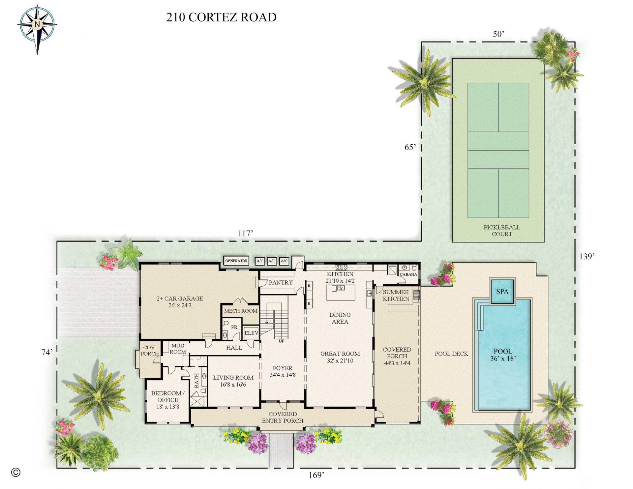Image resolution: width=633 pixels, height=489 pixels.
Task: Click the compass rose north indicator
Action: click(x=37, y=24)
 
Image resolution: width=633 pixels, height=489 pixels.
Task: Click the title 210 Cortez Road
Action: click(x=221, y=17)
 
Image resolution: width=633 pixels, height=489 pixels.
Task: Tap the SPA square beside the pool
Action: click(x=502, y=291)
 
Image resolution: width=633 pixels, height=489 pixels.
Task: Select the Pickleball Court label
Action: click(x=501, y=231)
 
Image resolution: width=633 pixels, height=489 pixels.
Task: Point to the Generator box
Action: click(x=236, y=261)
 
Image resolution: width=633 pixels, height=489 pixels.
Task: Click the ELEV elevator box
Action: click(x=251, y=333)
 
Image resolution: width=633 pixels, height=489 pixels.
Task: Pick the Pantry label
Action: click(x=281, y=282)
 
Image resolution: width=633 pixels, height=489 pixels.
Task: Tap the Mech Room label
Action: click(x=241, y=311)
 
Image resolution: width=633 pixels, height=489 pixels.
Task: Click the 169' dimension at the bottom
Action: click(x=316, y=475)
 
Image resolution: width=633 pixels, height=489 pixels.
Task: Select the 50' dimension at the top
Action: click(x=498, y=34)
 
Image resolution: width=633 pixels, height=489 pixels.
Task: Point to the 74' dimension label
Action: click(x=47, y=352)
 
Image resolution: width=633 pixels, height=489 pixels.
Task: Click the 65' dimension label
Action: click(x=410, y=147)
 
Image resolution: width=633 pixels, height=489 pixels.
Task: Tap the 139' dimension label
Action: click(x=587, y=256)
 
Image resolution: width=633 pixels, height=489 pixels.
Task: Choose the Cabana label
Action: click(x=408, y=274)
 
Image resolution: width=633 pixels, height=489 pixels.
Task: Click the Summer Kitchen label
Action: click(x=396, y=295)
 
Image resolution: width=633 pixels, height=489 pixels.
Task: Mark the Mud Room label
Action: click(x=178, y=348)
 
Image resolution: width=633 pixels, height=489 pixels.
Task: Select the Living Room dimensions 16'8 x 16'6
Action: click(x=233, y=385)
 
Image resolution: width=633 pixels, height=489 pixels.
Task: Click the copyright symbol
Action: click(x=15, y=472)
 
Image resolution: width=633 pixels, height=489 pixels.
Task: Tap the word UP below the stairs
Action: click(x=281, y=341)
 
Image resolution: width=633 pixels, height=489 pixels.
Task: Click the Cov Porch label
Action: click(x=149, y=350)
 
